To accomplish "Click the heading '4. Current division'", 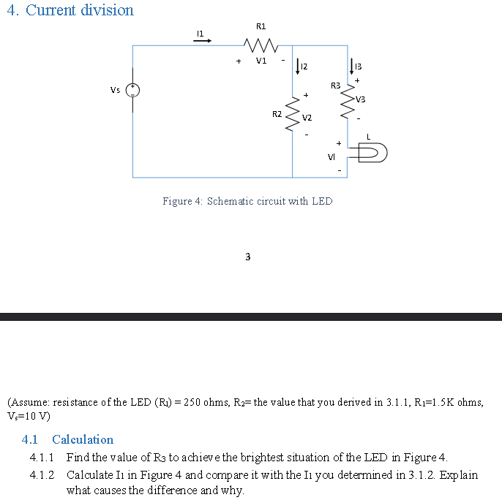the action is pos(70,10).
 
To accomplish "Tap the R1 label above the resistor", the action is pos(261,26).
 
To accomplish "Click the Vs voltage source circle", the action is pos(132,91).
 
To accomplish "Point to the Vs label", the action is pos(116,90).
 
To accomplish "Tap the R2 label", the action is pos(277,114).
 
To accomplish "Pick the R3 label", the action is pos(336,86).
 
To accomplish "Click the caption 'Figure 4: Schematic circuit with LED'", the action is pos(247,201).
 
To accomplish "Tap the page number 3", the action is pos(247,257).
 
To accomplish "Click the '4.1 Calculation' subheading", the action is pos(68,439).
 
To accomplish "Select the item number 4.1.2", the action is pos(42,474).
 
